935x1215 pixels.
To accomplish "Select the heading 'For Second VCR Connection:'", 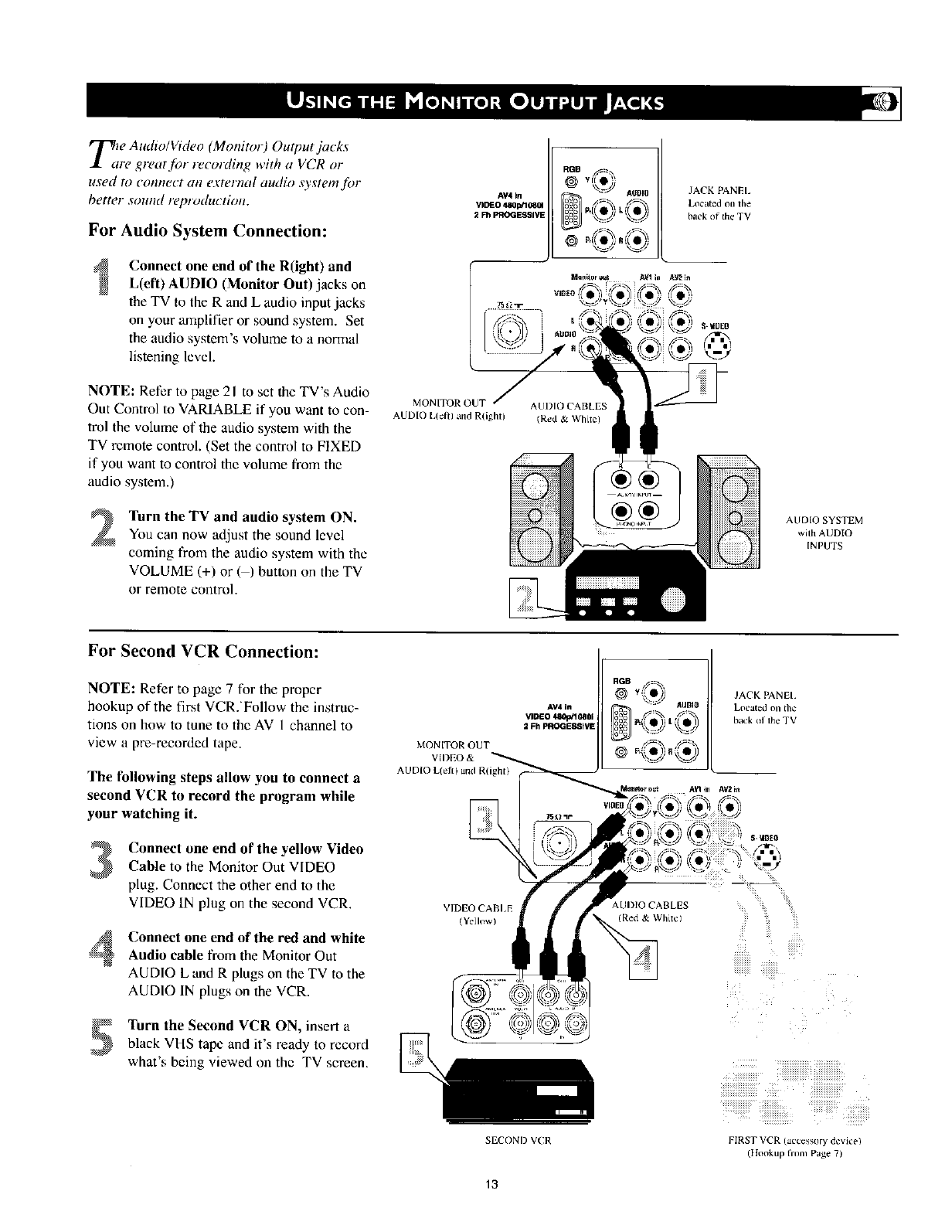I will pos(203,651).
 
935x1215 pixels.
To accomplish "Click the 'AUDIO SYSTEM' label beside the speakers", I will pos(824,519).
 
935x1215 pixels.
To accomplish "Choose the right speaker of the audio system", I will pos(729,514).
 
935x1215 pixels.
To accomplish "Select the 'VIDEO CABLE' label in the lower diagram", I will pos(472,905).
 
